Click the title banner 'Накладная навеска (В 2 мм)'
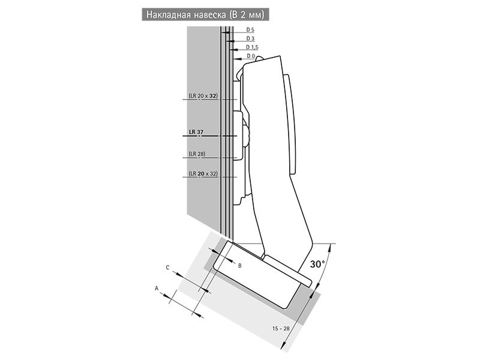click(x=205, y=14)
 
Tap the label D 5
click(x=250, y=30)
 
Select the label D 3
click(x=250, y=38)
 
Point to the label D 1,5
click(x=252, y=47)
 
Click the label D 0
click(x=250, y=56)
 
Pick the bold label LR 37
click(x=196, y=132)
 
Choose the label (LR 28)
click(x=197, y=154)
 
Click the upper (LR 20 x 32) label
click(x=203, y=96)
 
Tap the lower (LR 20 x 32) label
click(x=203, y=173)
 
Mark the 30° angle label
click(x=317, y=264)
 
